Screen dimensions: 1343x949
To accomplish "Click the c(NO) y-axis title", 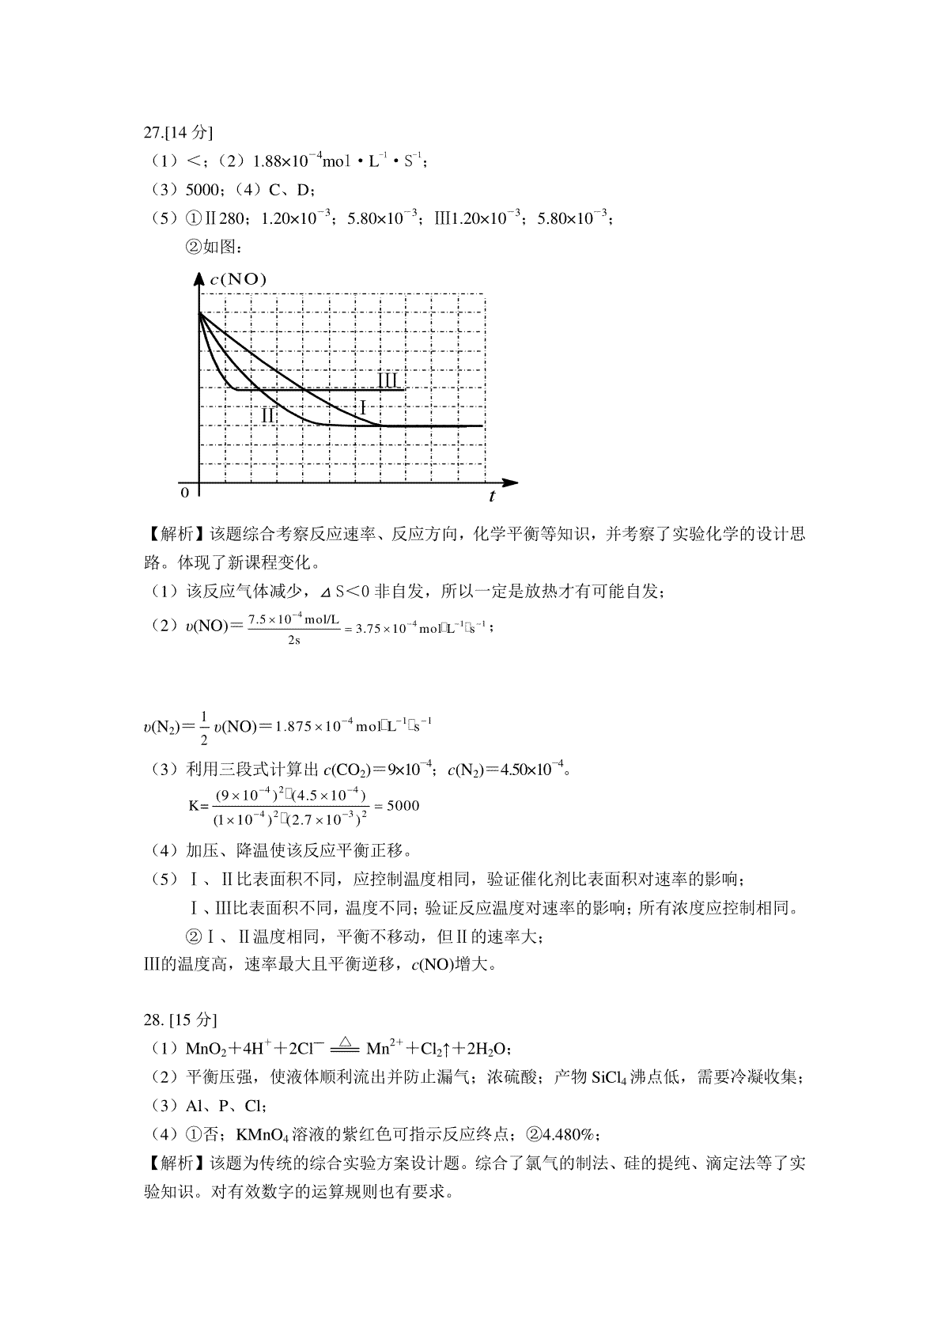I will (x=238, y=278).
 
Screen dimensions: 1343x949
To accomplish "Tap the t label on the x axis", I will (x=492, y=497).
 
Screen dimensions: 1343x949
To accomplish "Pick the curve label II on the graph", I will (x=268, y=414).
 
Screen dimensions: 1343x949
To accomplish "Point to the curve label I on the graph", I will (x=363, y=408).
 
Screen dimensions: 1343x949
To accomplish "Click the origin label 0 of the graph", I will (x=185, y=493).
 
